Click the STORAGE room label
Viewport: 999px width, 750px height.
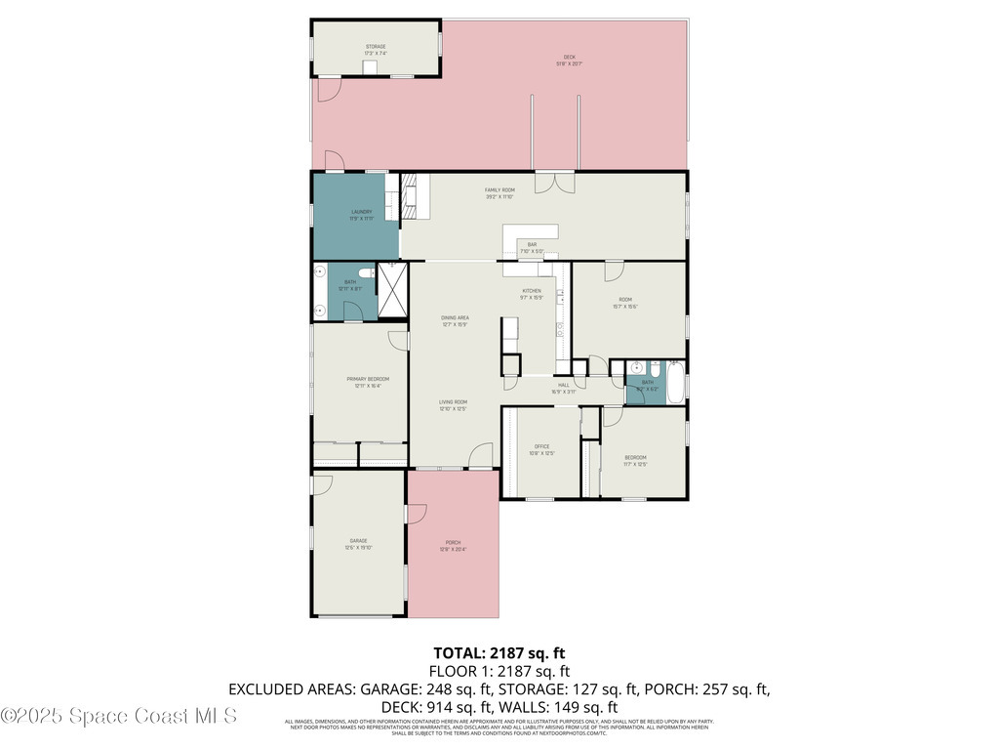point(376,47)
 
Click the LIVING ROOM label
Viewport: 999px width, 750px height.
point(452,404)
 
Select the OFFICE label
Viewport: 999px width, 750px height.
point(540,448)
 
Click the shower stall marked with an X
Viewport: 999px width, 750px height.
point(393,290)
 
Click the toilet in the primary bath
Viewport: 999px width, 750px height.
point(366,273)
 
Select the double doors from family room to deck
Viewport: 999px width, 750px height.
point(554,181)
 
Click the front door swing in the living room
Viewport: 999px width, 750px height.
point(480,456)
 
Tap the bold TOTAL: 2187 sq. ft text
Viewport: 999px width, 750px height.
point(499,652)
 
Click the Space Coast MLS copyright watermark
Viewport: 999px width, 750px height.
point(119,716)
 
